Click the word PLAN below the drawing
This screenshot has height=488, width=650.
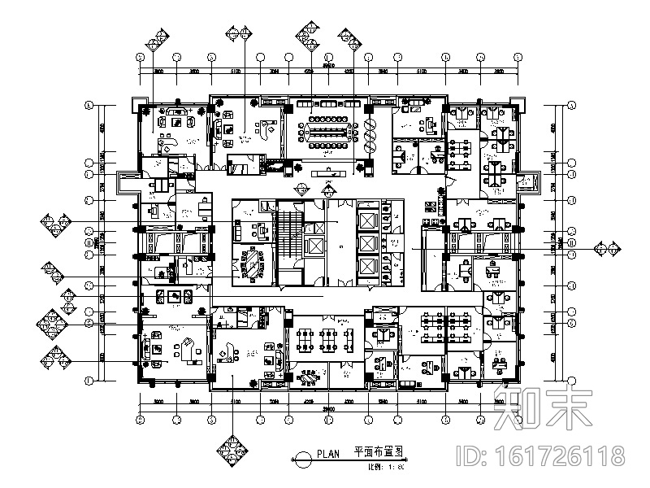(x=327, y=456)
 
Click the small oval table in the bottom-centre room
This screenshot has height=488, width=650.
(x=309, y=378)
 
